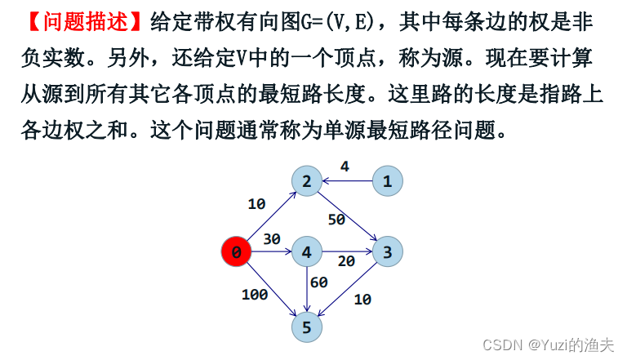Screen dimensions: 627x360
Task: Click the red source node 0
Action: pyautogui.click(x=236, y=252)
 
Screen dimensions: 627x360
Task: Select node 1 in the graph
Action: pyautogui.click(x=388, y=181)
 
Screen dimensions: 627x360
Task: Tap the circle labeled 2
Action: pyautogui.click(x=307, y=181)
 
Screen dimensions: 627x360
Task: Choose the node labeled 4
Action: pyautogui.click(x=307, y=252)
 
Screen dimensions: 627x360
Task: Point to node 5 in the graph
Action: pyautogui.click(x=307, y=327)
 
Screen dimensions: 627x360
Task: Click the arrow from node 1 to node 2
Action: pyautogui.click(x=347, y=181)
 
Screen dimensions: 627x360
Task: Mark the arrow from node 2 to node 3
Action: pyautogui.click(x=347, y=216)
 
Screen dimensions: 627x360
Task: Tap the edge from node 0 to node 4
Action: pyautogui.click(x=271, y=252)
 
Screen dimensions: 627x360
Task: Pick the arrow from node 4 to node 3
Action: pyautogui.click(x=347, y=252)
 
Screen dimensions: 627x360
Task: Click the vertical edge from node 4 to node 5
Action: pyautogui.click(x=307, y=289)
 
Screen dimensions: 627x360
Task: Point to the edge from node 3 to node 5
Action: pyautogui.click(x=348, y=289)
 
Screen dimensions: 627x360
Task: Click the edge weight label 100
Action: pyautogui.click(x=255, y=295)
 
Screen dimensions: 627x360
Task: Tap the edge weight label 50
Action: pyautogui.click(x=336, y=219)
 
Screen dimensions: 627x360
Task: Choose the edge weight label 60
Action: pyautogui.click(x=318, y=282)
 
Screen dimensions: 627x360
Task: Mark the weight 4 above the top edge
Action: pyautogui.click(x=345, y=167)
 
